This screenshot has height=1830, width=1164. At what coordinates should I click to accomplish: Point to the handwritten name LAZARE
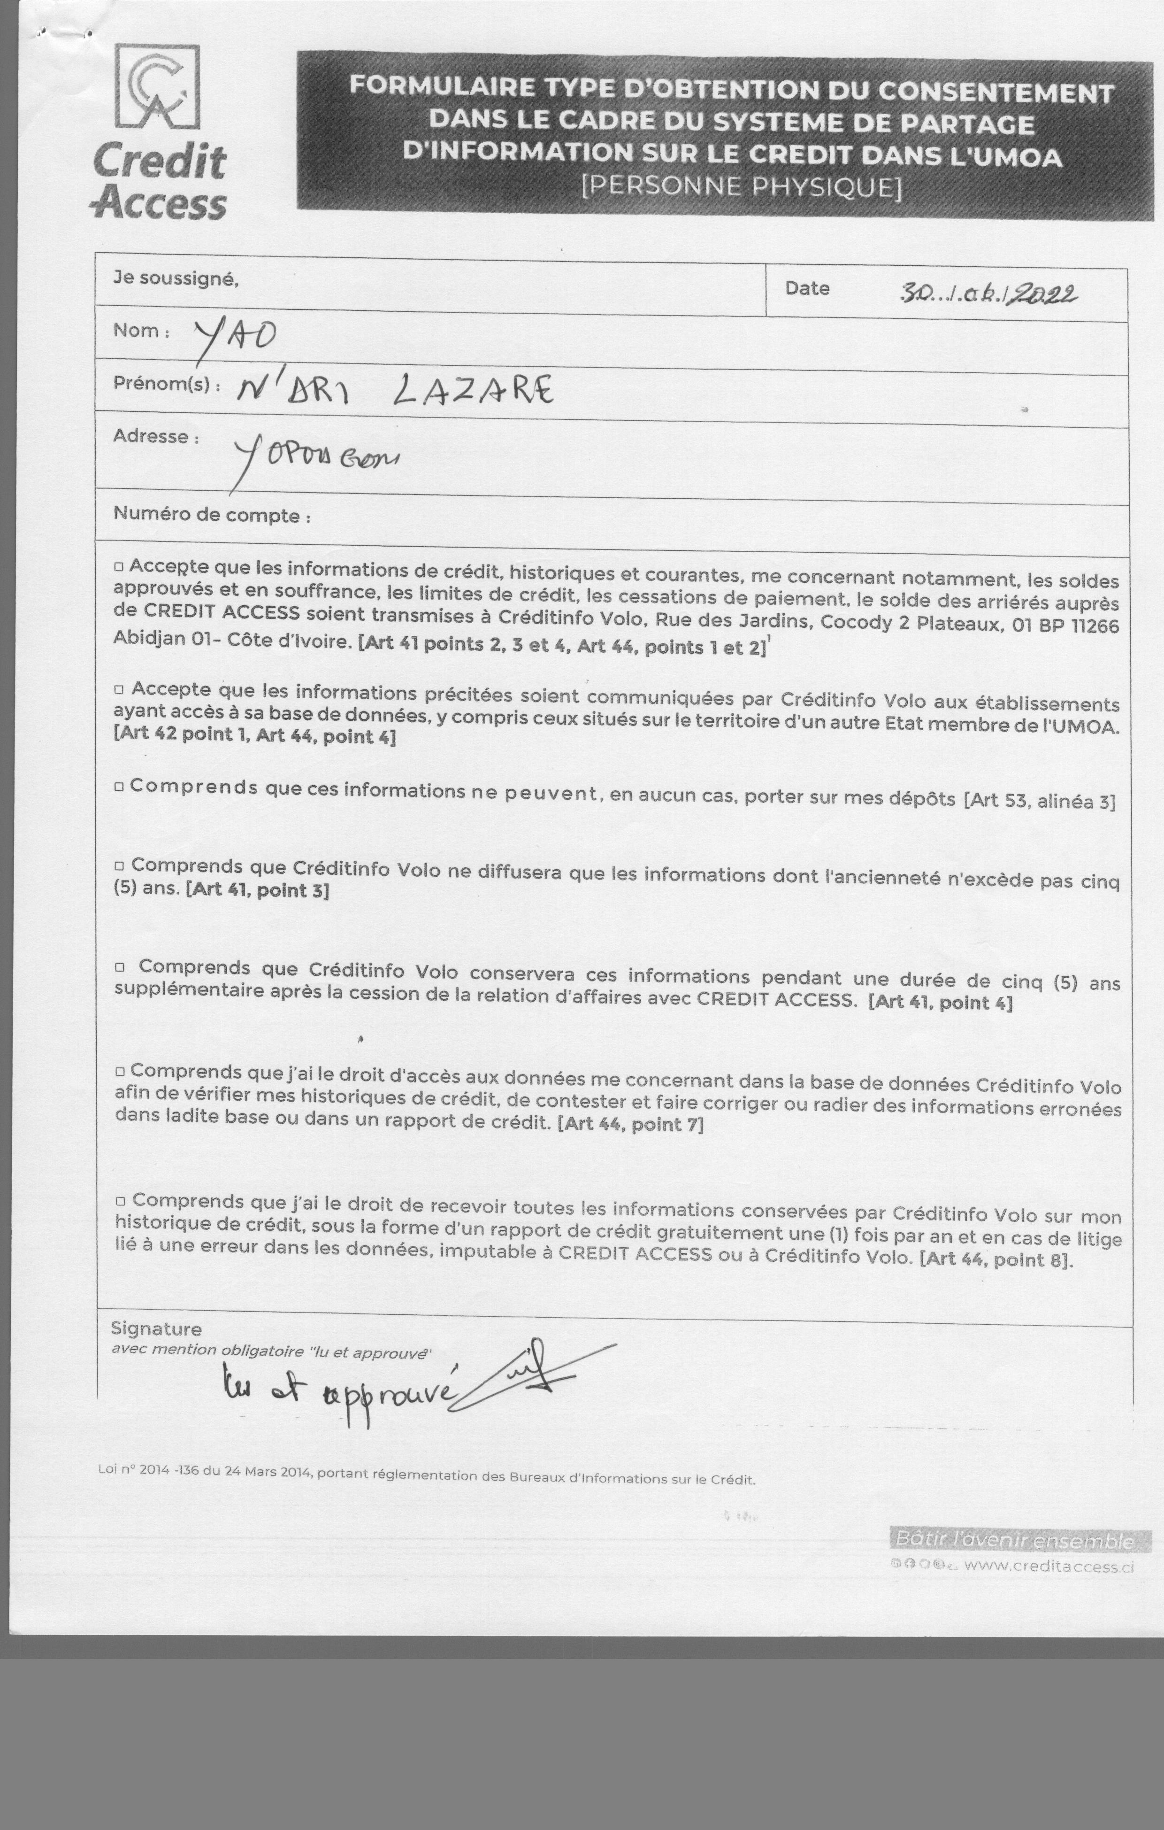click(x=474, y=391)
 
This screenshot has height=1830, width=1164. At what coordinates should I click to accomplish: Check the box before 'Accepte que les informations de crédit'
click(x=119, y=567)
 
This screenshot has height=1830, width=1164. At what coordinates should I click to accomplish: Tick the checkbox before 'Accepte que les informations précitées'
click(x=119, y=690)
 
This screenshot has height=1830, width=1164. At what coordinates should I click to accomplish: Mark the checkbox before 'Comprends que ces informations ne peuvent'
click(x=119, y=787)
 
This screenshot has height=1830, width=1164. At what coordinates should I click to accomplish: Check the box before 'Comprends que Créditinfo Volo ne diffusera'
click(x=119, y=866)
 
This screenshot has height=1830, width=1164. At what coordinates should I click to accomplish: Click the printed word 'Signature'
click(x=156, y=1328)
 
